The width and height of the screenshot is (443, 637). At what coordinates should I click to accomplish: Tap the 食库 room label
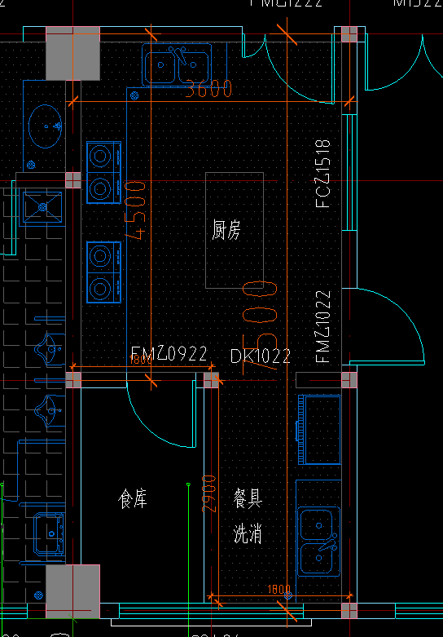pos(133,498)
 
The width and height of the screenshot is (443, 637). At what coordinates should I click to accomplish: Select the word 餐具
pos(248,498)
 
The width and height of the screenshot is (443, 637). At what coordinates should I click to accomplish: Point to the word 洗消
pos(248,535)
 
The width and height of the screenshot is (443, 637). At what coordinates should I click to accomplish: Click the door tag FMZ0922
pos(169,354)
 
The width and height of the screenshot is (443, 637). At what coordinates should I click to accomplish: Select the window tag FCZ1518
pos(323,173)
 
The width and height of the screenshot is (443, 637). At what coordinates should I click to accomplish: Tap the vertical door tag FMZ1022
pos(323,325)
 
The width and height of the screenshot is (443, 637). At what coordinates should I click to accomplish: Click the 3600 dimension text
pos(208,89)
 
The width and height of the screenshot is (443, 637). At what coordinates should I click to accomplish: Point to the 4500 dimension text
pos(136,210)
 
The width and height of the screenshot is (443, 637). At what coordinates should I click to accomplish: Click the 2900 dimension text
pos(209,493)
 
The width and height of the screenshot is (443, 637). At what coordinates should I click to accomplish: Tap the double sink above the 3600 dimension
pos(174,65)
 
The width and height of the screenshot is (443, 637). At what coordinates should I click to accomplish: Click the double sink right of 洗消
pos(318,541)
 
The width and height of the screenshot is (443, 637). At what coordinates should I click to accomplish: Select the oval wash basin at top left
pos(44,127)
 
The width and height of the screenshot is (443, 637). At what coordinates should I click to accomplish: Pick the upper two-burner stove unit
pos(103,171)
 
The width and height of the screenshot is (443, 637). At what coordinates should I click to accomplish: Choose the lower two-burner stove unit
pos(103,272)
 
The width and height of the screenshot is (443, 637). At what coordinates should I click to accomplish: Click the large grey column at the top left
pos(72,54)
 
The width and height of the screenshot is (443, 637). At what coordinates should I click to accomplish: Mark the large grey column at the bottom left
pos(72,591)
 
